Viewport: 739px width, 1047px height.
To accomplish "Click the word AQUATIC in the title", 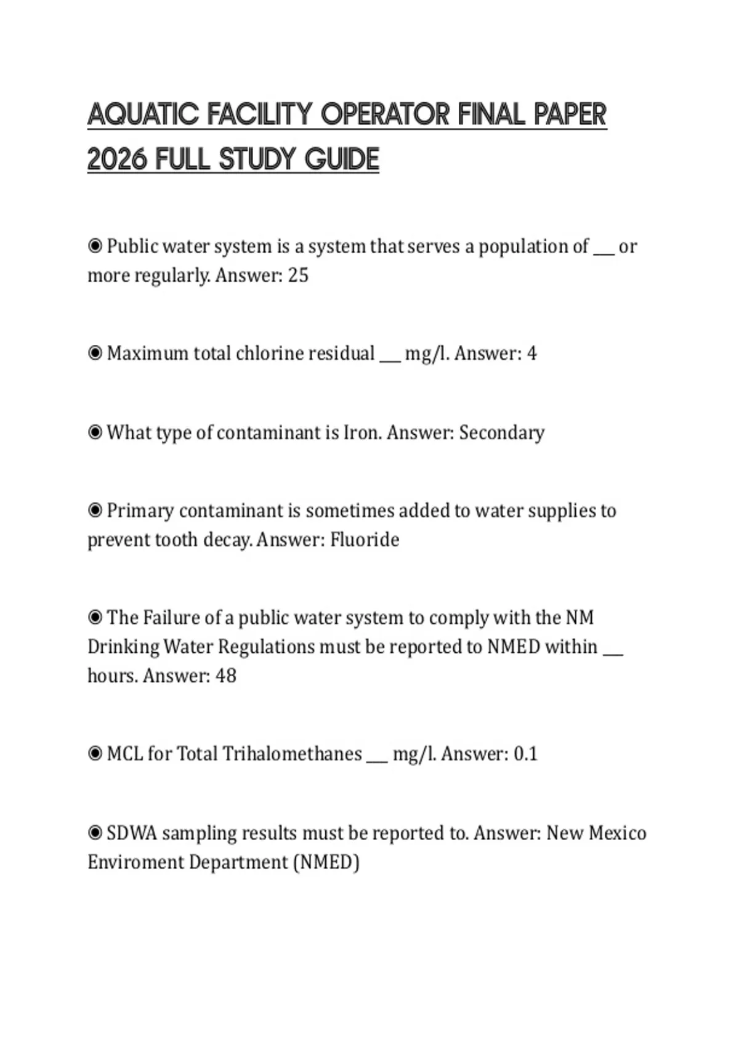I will pos(143,115).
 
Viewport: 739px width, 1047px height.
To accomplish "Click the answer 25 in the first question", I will pos(298,275).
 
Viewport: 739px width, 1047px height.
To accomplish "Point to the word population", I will pos(533,247).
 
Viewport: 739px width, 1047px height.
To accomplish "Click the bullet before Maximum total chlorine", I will pos(95,353).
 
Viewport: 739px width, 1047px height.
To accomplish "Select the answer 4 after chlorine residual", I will pos(531,354).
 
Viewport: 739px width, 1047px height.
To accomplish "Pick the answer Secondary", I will pos(501,433).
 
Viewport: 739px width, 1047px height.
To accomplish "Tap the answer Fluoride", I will pos(365,540).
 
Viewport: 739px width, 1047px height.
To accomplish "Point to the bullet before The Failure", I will pos(95,617).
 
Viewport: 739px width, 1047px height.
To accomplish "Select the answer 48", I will pos(226,676).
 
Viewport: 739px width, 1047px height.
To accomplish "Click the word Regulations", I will pos(266,647).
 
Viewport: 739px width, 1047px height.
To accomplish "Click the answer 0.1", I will pos(525,754).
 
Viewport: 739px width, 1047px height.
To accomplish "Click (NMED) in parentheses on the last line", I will pos(326,862).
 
